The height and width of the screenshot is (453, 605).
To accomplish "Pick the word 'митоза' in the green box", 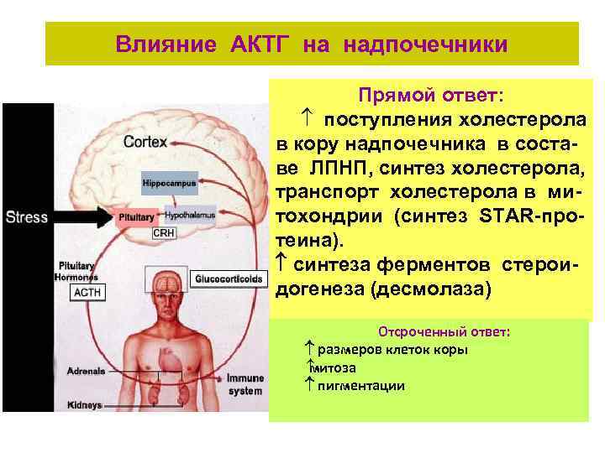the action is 333,368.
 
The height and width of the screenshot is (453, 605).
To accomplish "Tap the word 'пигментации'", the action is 360,386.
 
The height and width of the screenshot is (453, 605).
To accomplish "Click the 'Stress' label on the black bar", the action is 27,216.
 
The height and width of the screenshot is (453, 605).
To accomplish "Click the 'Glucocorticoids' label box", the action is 228,279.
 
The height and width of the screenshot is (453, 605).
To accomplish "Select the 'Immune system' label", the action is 245,384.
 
